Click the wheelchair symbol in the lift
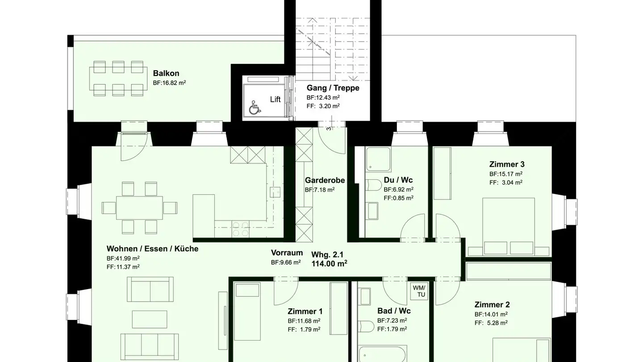255,107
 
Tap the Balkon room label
166,73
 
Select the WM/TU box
419,291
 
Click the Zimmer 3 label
507,164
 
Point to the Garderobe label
325,180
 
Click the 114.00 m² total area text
329,264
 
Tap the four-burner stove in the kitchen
241,229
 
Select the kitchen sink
275,192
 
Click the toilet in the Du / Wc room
373,185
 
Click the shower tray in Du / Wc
378,159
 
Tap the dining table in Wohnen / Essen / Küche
139,208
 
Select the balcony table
118,79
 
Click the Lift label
275,99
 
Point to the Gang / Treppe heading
333,88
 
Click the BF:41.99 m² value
123,258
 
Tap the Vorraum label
287,253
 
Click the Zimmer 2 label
492,304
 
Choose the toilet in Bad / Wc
367,326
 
